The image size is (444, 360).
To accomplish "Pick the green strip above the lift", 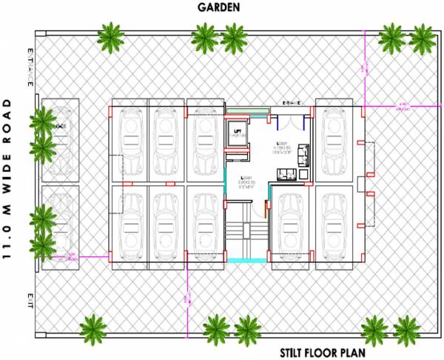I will [x=238, y=111].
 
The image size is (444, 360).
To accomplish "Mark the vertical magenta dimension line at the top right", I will [x=364, y=70].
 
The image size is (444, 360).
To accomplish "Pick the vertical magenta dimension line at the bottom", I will [x=186, y=296].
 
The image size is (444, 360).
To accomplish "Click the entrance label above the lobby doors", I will [x=286, y=101].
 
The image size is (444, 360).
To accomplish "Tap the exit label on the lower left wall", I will [x=30, y=297].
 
